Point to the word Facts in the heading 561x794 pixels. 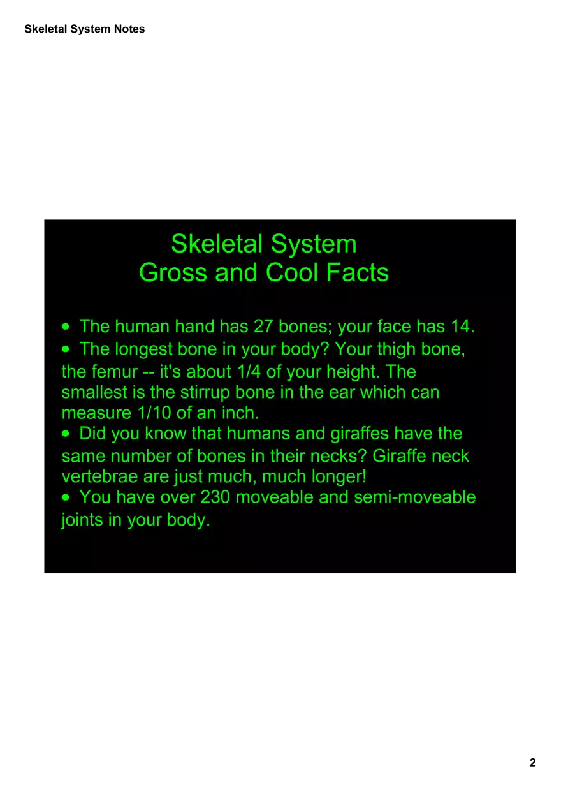pyautogui.click(x=358, y=273)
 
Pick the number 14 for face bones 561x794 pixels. pyautogui.click(x=461, y=327)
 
